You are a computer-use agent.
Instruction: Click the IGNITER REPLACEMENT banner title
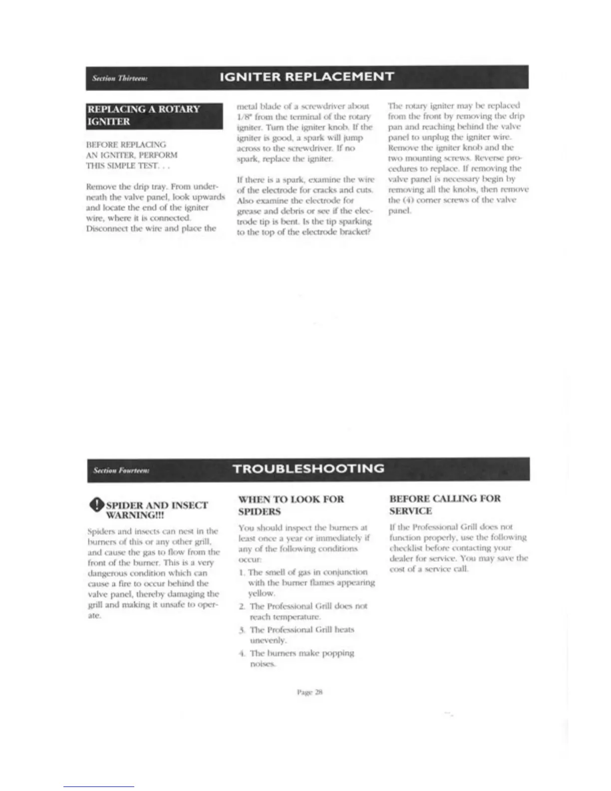tap(307, 77)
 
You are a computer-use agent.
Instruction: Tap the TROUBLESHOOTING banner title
tap(308, 468)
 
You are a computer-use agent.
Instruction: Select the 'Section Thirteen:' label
tap(119, 78)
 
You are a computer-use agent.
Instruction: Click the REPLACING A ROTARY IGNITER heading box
tap(154, 115)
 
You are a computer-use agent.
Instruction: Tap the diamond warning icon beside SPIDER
tap(97, 505)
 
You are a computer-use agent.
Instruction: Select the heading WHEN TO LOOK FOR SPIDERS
tap(291, 505)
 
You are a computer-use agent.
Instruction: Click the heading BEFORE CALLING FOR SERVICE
tap(445, 504)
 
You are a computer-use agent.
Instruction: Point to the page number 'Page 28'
tap(310, 692)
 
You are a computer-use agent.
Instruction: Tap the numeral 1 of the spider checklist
tap(241, 572)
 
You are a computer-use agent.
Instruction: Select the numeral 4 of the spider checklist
tap(242, 653)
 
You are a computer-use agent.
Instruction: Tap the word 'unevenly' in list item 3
tap(268, 640)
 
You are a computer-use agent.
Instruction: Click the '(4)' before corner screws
tap(407, 200)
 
